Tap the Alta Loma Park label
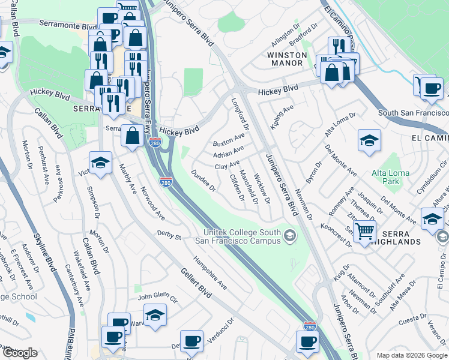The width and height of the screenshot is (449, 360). click(x=390, y=177)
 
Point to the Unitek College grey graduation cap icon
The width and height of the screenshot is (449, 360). click(x=291, y=236)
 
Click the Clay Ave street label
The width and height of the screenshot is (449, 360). click(x=227, y=164)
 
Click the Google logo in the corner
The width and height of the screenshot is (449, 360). click(x=19, y=353)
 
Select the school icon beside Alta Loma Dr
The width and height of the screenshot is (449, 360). click(x=369, y=141)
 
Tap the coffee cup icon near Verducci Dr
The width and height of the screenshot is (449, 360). click(x=191, y=341)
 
